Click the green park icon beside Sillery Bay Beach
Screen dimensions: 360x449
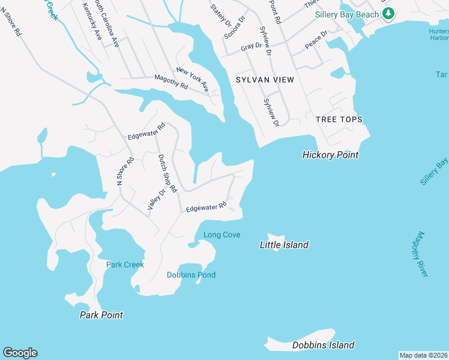[388, 13]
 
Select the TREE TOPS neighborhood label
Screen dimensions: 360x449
[339, 119]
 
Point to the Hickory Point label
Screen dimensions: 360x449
[330, 155]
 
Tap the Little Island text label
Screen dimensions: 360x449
[284, 245]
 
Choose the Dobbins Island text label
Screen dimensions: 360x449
[323, 345]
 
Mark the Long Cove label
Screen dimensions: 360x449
[222, 235]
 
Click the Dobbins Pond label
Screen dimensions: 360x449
[191, 275]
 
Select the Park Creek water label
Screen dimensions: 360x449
[125, 265]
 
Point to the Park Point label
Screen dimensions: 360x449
[101, 315]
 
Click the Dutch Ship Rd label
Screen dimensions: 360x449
[167, 173]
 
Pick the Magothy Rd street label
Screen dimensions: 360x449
[171, 79]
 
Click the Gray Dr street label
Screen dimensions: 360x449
[252, 46]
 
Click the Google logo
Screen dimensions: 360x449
[20, 353]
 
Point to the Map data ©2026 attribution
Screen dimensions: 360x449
[424, 355]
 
